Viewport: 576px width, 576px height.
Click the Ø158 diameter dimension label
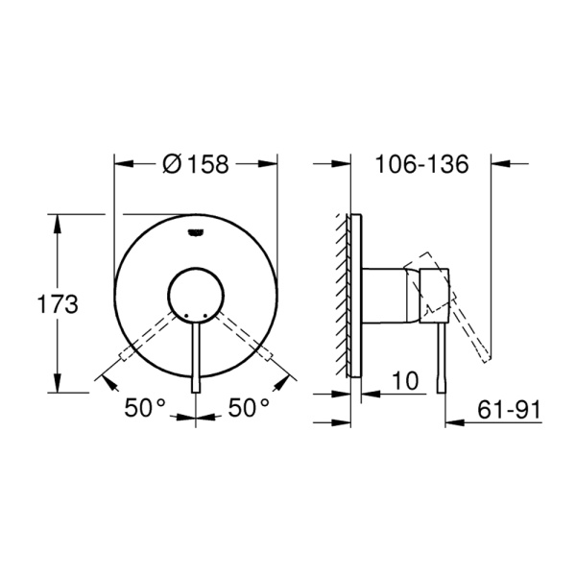196,164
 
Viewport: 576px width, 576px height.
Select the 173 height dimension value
58,304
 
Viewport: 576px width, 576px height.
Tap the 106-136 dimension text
421,164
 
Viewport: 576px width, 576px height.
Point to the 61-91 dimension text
509,409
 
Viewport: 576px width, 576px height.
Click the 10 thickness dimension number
405,380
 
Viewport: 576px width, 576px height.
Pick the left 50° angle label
145,407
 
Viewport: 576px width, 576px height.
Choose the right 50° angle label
249,407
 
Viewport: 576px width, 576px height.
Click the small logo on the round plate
196,232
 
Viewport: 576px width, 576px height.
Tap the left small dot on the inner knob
186,316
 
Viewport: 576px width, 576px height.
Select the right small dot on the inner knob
204,316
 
